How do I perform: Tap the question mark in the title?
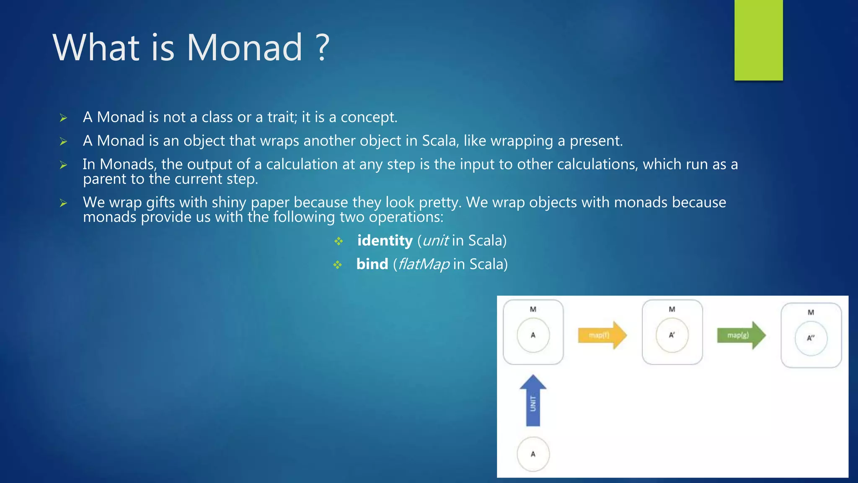[x=322, y=47]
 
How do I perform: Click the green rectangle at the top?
[x=758, y=40]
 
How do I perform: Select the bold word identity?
[x=385, y=241]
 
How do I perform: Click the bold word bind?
[x=372, y=264]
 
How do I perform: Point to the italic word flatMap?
[x=424, y=264]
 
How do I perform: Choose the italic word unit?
[x=436, y=241]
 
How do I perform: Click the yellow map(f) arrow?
[x=602, y=335]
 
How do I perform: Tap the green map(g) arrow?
[x=741, y=335]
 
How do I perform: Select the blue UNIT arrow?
[x=533, y=402]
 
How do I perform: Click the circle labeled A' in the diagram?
[x=672, y=335]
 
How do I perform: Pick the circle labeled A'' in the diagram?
[x=811, y=338]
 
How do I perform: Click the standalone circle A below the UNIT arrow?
[x=533, y=454]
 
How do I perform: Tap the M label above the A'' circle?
[x=811, y=312]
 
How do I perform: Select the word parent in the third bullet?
[x=105, y=179]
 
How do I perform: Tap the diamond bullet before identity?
[x=339, y=241]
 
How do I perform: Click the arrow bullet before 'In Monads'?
[x=63, y=165]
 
